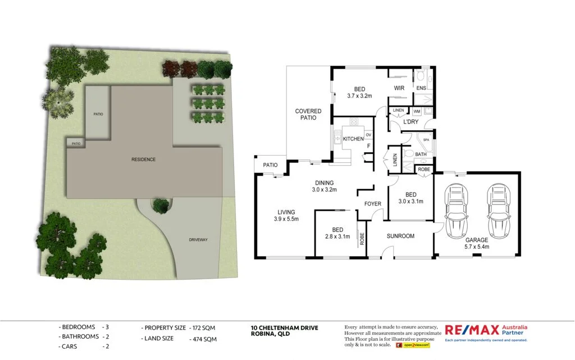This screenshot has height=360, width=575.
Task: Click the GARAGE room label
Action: point(476,240)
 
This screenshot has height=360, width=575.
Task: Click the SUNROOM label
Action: point(400,236)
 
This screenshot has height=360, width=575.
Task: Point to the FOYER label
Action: point(373,204)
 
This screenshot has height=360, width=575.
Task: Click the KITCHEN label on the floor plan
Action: point(353,139)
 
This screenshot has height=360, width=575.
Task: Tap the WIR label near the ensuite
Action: point(399,88)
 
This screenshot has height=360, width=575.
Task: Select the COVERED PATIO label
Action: point(308,115)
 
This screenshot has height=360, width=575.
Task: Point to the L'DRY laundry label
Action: point(410,122)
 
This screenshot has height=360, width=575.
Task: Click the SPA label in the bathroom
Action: point(426,140)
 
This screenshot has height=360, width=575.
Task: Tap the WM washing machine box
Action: point(416,111)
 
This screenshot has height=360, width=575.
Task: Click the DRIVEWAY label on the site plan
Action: point(198,240)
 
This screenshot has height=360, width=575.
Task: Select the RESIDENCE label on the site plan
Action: point(143,160)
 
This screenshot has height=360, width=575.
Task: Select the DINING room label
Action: point(324,183)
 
